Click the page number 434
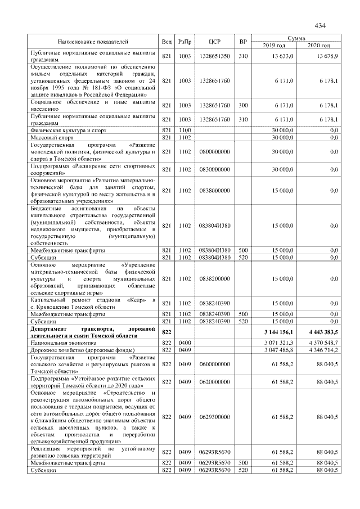click(x=320, y=25)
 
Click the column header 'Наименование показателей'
click(x=93, y=42)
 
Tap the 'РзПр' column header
click(x=185, y=42)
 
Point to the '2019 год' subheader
click(x=274, y=45)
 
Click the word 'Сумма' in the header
click(x=296, y=38)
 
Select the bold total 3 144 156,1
click(x=276, y=332)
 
